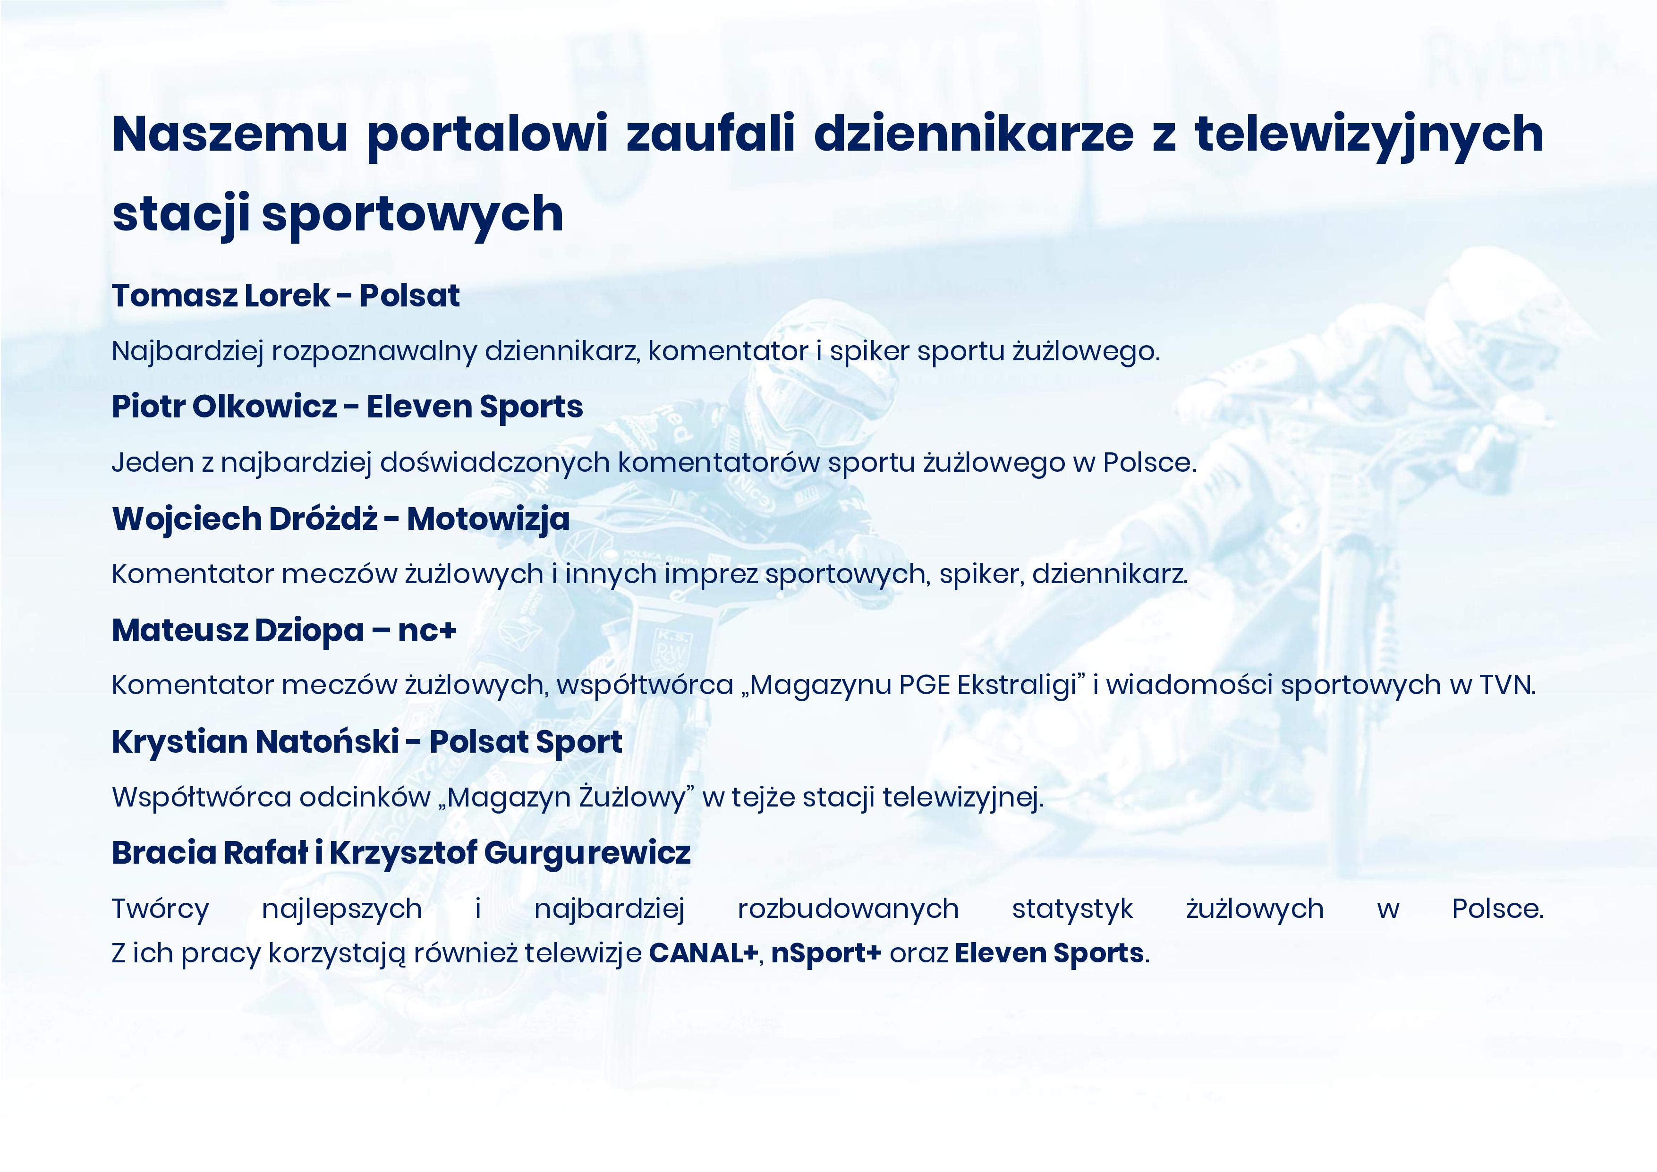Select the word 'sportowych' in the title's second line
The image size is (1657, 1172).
tap(412, 215)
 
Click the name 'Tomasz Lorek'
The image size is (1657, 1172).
tap(221, 295)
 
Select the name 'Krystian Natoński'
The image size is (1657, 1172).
tap(255, 742)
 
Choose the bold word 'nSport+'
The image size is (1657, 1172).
tap(826, 953)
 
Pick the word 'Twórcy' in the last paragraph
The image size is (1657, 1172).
tap(160, 909)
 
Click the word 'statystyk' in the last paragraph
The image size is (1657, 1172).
tap(1072, 909)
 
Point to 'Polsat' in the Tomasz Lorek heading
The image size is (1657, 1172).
tap(410, 295)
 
